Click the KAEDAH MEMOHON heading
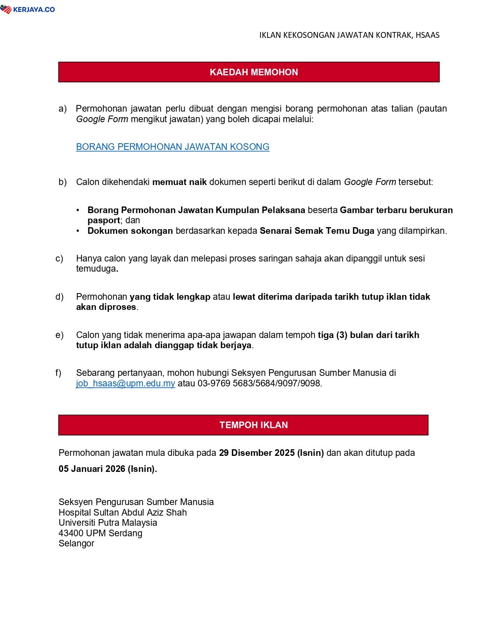point(253,72)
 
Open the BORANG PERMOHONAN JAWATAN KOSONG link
point(173,147)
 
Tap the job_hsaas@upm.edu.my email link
point(125,383)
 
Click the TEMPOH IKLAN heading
point(253,425)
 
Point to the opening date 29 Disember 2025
point(257,453)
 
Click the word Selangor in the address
point(77,543)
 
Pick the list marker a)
point(62,109)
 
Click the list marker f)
point(59,373)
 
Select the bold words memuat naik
point(179,182)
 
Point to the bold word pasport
point(104,220)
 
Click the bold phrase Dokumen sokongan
point(130,231)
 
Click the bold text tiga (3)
point(332,335)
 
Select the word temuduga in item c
point(96,269)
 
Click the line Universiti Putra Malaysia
point(108,523)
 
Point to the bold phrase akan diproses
point(106,307)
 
